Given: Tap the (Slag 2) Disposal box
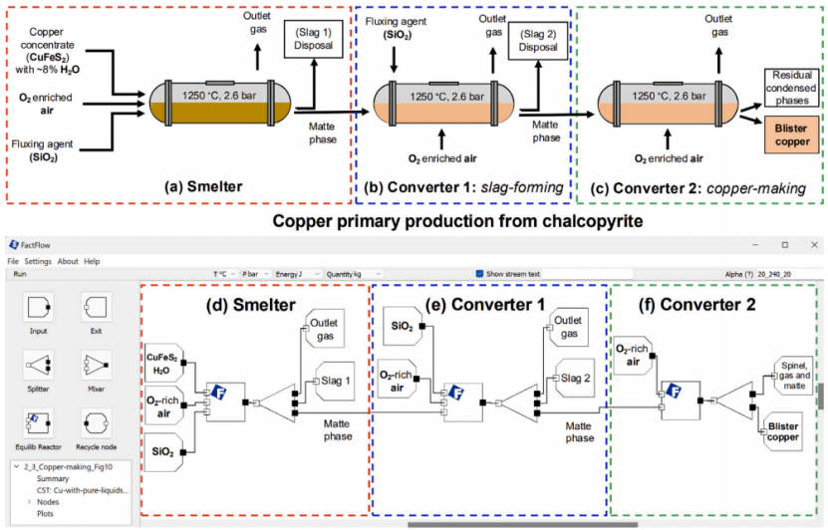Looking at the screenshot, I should [x=535, y=43].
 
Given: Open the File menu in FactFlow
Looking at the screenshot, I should [x=13, y=261].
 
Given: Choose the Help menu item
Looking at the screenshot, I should [x=92, y=261].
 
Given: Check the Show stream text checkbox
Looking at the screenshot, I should [x=479, y=273].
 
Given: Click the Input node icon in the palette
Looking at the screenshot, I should [x=38, y=305].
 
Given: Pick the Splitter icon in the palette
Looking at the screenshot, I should [x=38, y=362].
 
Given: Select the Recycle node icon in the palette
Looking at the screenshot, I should [x=94, y=418].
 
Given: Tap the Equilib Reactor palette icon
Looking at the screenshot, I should [x=38, y=418].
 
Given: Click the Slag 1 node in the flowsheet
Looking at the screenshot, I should [x=332, y=380].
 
